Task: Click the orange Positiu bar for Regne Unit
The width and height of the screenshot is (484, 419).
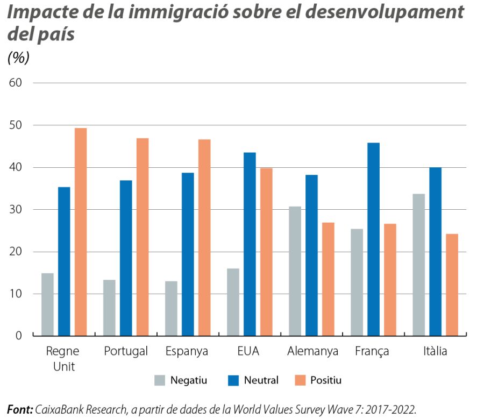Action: tap(80, 232)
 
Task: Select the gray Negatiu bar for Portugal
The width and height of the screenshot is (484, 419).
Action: tap(109, 307)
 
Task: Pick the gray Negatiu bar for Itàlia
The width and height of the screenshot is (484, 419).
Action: tap(418, 264)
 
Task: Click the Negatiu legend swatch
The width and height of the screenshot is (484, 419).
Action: tap(160, 380)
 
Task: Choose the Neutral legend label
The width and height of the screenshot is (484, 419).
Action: tap(261, 380)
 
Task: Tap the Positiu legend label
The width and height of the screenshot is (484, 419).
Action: tap(326, 380)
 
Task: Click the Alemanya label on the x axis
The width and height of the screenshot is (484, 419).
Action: tap(312, 352)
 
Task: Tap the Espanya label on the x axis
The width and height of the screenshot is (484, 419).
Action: tap(187, 352)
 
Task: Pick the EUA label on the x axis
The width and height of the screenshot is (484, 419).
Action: tap(248, 352)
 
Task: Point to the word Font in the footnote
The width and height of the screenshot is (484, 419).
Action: tap(19, 409)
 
